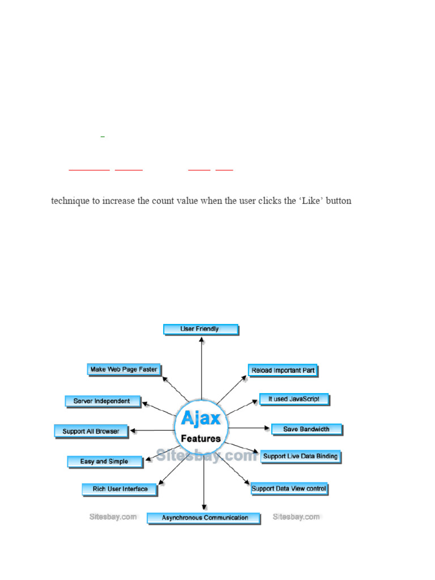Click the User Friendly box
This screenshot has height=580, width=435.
tap(201, 329)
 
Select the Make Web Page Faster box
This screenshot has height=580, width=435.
tap(124, 369)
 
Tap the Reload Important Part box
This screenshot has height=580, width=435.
tap(283, 370)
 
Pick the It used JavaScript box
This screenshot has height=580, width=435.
tap(294, 399)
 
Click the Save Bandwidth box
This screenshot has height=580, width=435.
tap(306, 429)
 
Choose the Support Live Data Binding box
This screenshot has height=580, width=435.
tap(300, 456)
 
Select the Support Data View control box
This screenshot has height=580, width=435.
tap(289, 488)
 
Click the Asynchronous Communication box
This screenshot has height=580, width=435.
tap(204, 517)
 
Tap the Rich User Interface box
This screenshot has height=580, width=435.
tap(120, 489)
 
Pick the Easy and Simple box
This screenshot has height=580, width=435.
tap(104, 461)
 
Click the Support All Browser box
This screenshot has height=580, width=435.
tap(91, 431)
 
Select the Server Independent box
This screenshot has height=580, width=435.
tap(101, 401)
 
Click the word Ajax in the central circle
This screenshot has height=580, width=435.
tap(201, 420)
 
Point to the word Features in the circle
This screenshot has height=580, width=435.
tap(201, 438)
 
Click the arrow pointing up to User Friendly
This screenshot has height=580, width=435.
tap(202, 362)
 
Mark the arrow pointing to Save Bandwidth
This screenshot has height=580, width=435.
tap(249, 428)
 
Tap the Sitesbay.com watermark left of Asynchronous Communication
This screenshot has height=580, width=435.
tap(113, 517)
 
